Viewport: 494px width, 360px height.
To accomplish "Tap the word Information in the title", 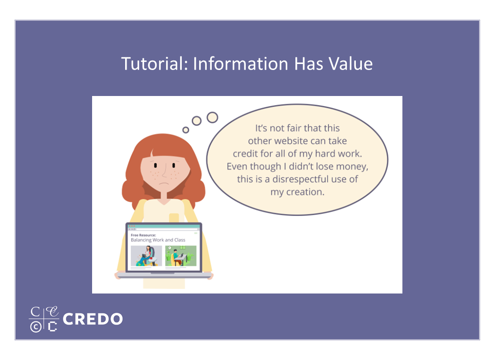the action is click(x=240, y=63).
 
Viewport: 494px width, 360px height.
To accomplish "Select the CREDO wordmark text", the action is click(x=93, y=319).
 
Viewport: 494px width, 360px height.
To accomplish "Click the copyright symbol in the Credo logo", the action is click(x=36, y=327).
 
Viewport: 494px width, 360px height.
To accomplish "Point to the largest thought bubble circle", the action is click(x=212, y=117).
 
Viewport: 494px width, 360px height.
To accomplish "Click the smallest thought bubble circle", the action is click(x=186, y=129).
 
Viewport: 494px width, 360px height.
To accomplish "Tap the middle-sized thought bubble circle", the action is click(x=197, y=121).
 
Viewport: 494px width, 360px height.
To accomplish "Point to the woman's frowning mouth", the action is click(x=164, y=183).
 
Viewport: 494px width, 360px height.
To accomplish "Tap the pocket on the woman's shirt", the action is click(x=174, y=218).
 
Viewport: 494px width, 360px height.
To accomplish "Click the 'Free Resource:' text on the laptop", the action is click(x=143, y=235).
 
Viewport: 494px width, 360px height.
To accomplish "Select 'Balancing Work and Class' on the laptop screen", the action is click(x=158, y=240).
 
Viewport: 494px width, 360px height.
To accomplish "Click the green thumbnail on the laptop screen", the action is click(x=181, y=256).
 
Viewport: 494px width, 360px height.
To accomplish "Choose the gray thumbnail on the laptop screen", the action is click(x=146, y=256).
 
